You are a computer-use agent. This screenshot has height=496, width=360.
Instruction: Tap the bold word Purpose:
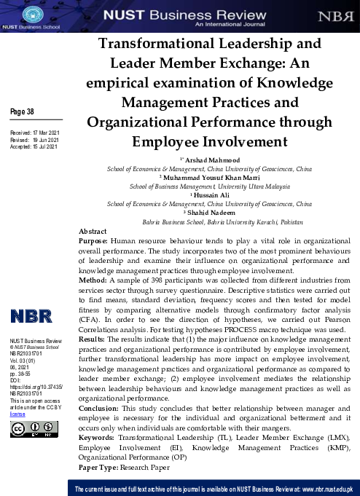95,239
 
